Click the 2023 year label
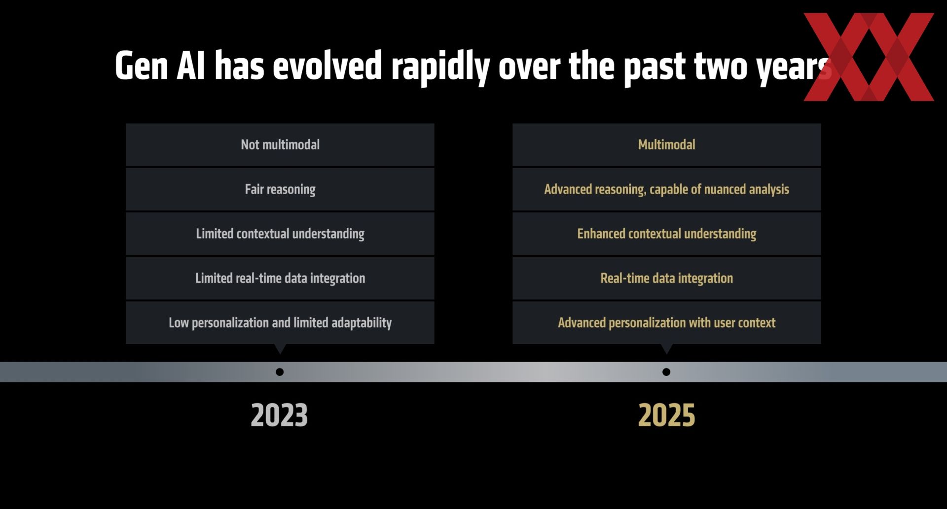coord(279,415)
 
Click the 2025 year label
coord(666,415)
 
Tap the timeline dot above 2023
coord(280,372)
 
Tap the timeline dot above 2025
coord(666,372)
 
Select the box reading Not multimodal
coord(280,145)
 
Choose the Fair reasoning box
coord(280,189)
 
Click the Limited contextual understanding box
coord(280,234)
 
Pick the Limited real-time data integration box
coord(280,278)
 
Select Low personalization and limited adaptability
coord(280,322)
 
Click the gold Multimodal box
coord(667,145)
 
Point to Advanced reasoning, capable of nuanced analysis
coord(667,189)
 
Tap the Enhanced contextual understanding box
coord(667,234)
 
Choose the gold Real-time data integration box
coord(667,278)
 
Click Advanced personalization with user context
coord(667,322)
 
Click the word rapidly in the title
coord(440,67)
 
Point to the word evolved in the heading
coord(328,65)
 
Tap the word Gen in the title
coord(142,66)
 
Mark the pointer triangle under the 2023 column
coord(280,348)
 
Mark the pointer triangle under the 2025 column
coord(667,348)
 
